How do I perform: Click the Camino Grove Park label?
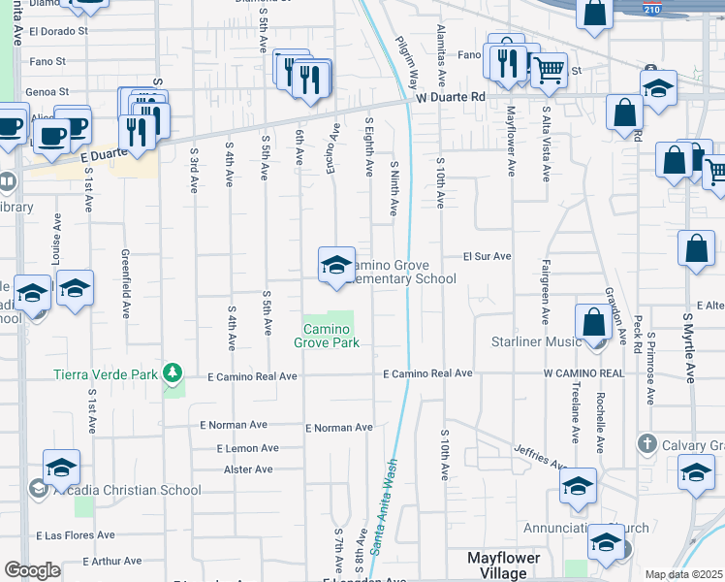(x=328, y=337)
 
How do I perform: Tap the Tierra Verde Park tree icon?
(x=173, y=372)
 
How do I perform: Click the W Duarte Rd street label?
(x=450, y=98)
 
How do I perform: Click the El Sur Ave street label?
(x=486, y=257)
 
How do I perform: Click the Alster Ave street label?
(x=247, y=469)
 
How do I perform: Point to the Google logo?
(x=32, y=570)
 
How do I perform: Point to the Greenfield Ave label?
(x=126, y=283)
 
